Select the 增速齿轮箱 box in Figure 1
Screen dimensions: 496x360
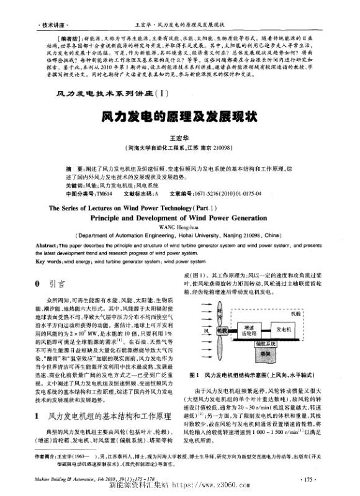pyautogui.click(x=248, y=330)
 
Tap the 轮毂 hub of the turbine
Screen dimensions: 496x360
pyautogui.click(x=222, y=330)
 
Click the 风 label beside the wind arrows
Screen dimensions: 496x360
pyautogui.click(x=200, y=331)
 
